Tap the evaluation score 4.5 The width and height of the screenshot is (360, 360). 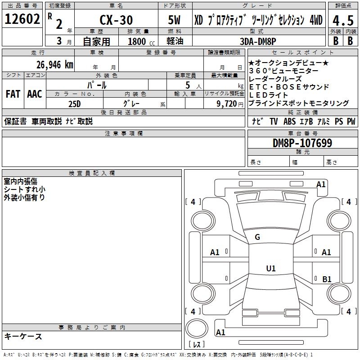pyautogui.click(x=344, y=21)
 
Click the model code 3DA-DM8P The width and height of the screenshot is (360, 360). pyautogui.click(x=258, y=41)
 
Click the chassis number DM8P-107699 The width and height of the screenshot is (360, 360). pyautogui.click(x=302, y=143)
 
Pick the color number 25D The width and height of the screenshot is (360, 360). pyautogui.click(x=75, y=103)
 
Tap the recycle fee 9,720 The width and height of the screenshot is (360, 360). pyautogui.click(x=226, y=103)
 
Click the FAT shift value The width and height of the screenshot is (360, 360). pyautogui.click(x=13, y=94)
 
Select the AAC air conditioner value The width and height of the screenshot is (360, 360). pyautogui.click(x=35, y=94)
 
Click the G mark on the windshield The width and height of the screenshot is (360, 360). pyautogui.click(x=257, y=237)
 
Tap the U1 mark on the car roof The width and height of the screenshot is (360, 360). pyautogui.click(x=270, y=269)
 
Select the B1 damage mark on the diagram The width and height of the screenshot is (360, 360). pyautogui.click(x=327, y=279)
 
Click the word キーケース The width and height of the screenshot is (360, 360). pyautogui.click(x=23, y=336)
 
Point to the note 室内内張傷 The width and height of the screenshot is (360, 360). pyautogui.click(x=20, y=181)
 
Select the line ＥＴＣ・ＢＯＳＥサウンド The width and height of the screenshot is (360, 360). pyautogui.click(x=288, y=87)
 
